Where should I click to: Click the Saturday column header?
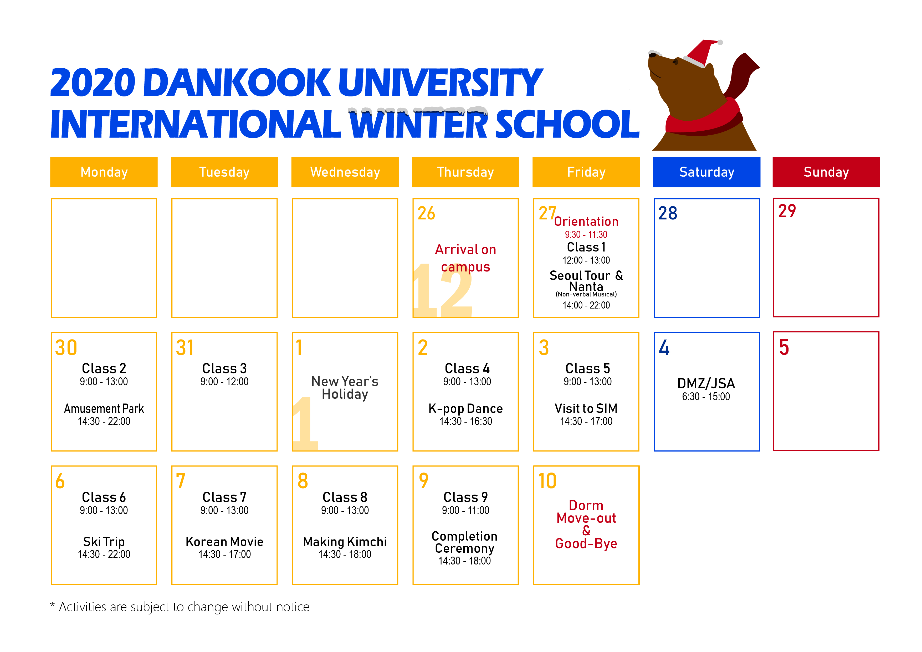click(x=706, y=172)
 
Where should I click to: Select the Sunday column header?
click(x=826, y=172)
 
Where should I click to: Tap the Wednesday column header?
click(x=345, y=172)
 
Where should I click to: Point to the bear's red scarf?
click(x=703, y=120)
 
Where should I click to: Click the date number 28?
click(x=668, y=213)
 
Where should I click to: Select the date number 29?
click(x=787, y=211)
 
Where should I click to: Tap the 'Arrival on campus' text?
click(x=465, y=258)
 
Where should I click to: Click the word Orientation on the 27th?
click(x=586, y=221)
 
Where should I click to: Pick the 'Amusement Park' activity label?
click(x=104, y=409)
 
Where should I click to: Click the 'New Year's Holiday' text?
click(x=345, y=387)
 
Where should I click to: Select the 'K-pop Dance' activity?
click(x=465, y=409)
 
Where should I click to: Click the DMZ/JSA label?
click(x=706, y=383)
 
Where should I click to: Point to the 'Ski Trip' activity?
click(x=104, y=542)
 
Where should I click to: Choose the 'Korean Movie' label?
click(x=224, y=542)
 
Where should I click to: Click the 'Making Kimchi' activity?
click(x=345, y=542)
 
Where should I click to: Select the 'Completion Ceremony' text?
click(x=465, y=542)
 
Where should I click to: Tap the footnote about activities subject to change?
click(x=180, y=607)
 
